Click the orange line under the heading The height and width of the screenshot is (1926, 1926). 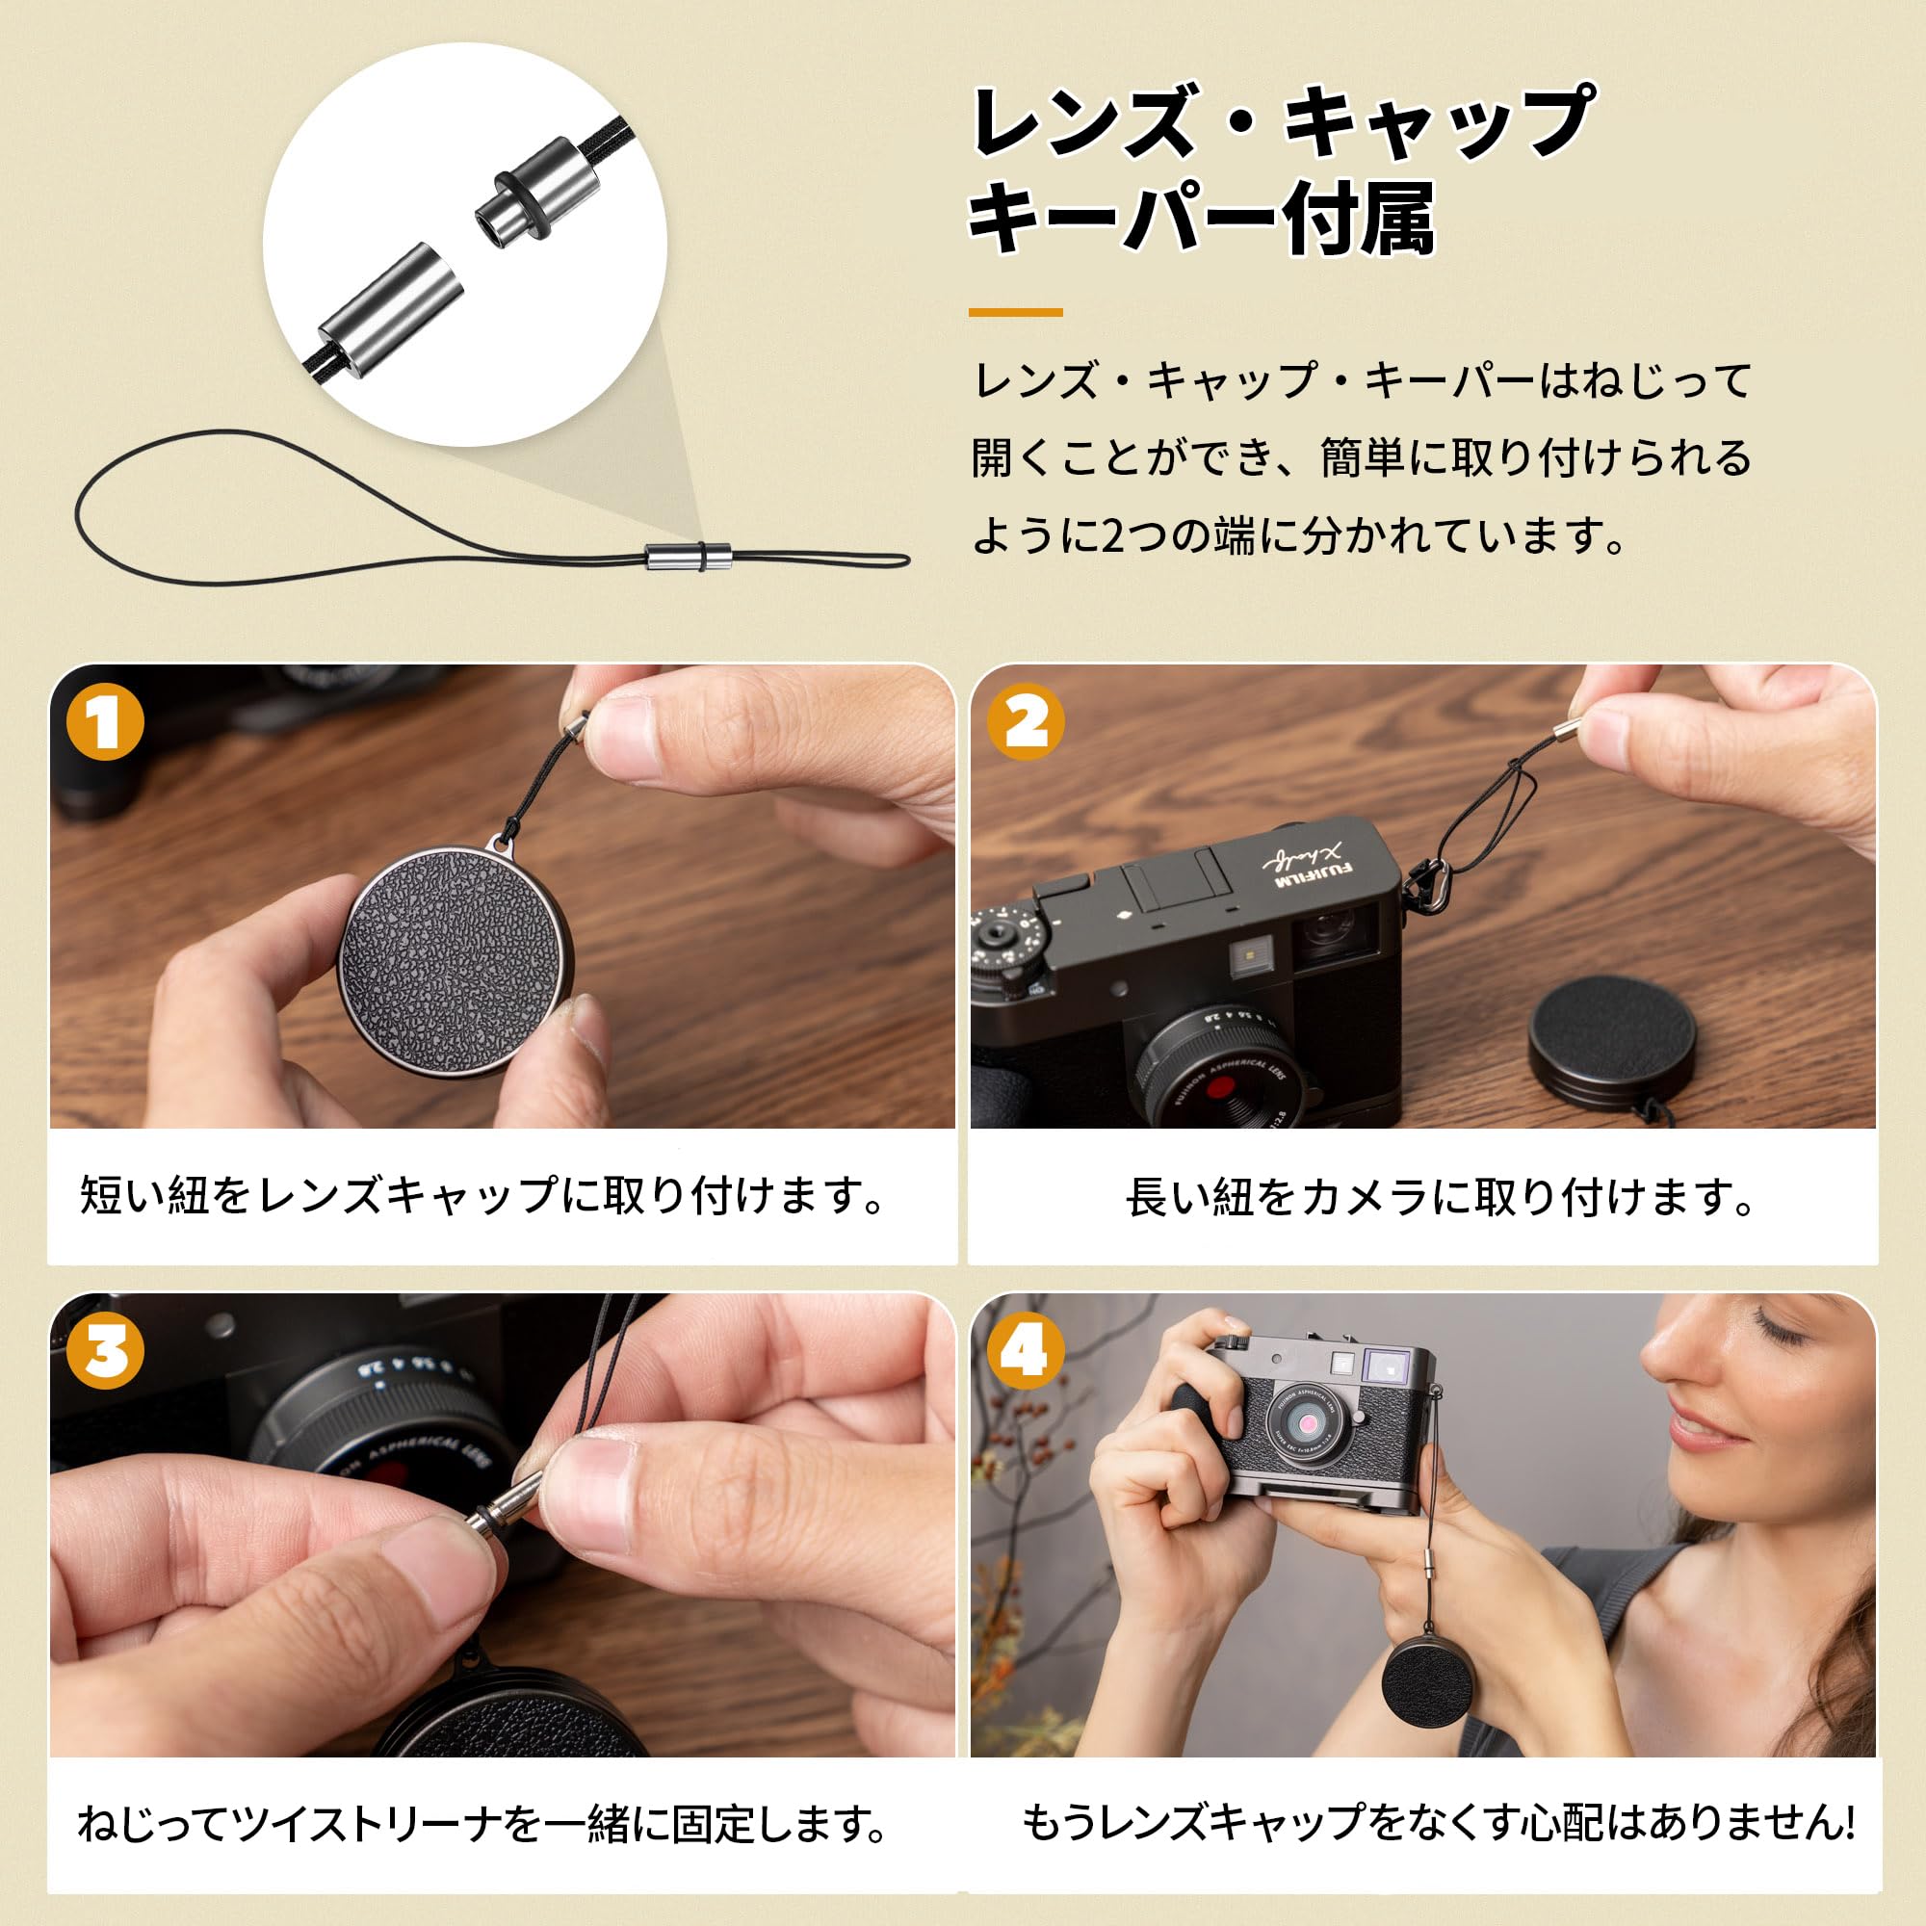[x=1015, y=312]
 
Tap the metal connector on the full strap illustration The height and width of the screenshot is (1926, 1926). [x=688, y=557]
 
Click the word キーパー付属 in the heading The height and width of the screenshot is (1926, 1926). [x=1201, y=219]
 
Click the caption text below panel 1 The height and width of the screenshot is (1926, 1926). [x=482, y=1195]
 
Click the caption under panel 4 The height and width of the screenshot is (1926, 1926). [x=1438, y=1823]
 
